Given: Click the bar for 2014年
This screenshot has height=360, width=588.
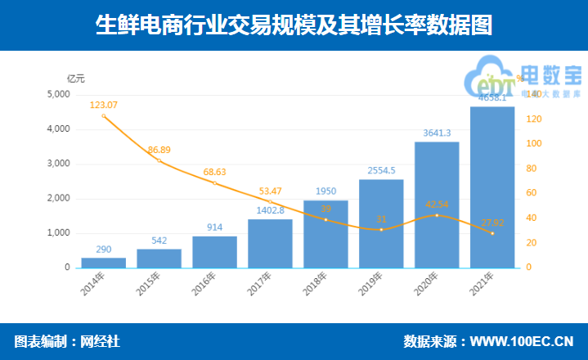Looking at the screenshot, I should click(x=104, y=263).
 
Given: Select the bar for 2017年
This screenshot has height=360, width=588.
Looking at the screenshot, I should click(x=270, y=244).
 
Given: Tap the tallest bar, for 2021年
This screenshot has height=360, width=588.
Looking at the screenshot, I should click(x=492, y=188).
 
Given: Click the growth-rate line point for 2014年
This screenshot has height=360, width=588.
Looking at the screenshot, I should click(x=104, y=116).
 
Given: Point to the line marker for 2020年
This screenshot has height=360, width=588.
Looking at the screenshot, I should click(x=437, y=215).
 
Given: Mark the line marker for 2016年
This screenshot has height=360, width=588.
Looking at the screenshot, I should click(x=214, y=183).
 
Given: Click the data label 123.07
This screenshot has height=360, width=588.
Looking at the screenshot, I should click(x=104, y=105).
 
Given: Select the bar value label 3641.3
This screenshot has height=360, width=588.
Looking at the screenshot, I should click(x=437, y=133).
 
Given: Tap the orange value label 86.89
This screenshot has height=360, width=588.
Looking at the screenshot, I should click(x=159, y=150).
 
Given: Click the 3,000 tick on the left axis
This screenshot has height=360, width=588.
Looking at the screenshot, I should click(x=58, y=164).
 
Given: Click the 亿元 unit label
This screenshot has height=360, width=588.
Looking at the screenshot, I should click(x=75, y=79).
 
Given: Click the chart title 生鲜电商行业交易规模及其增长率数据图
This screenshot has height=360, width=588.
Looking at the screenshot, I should click(x=294, y=25).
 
